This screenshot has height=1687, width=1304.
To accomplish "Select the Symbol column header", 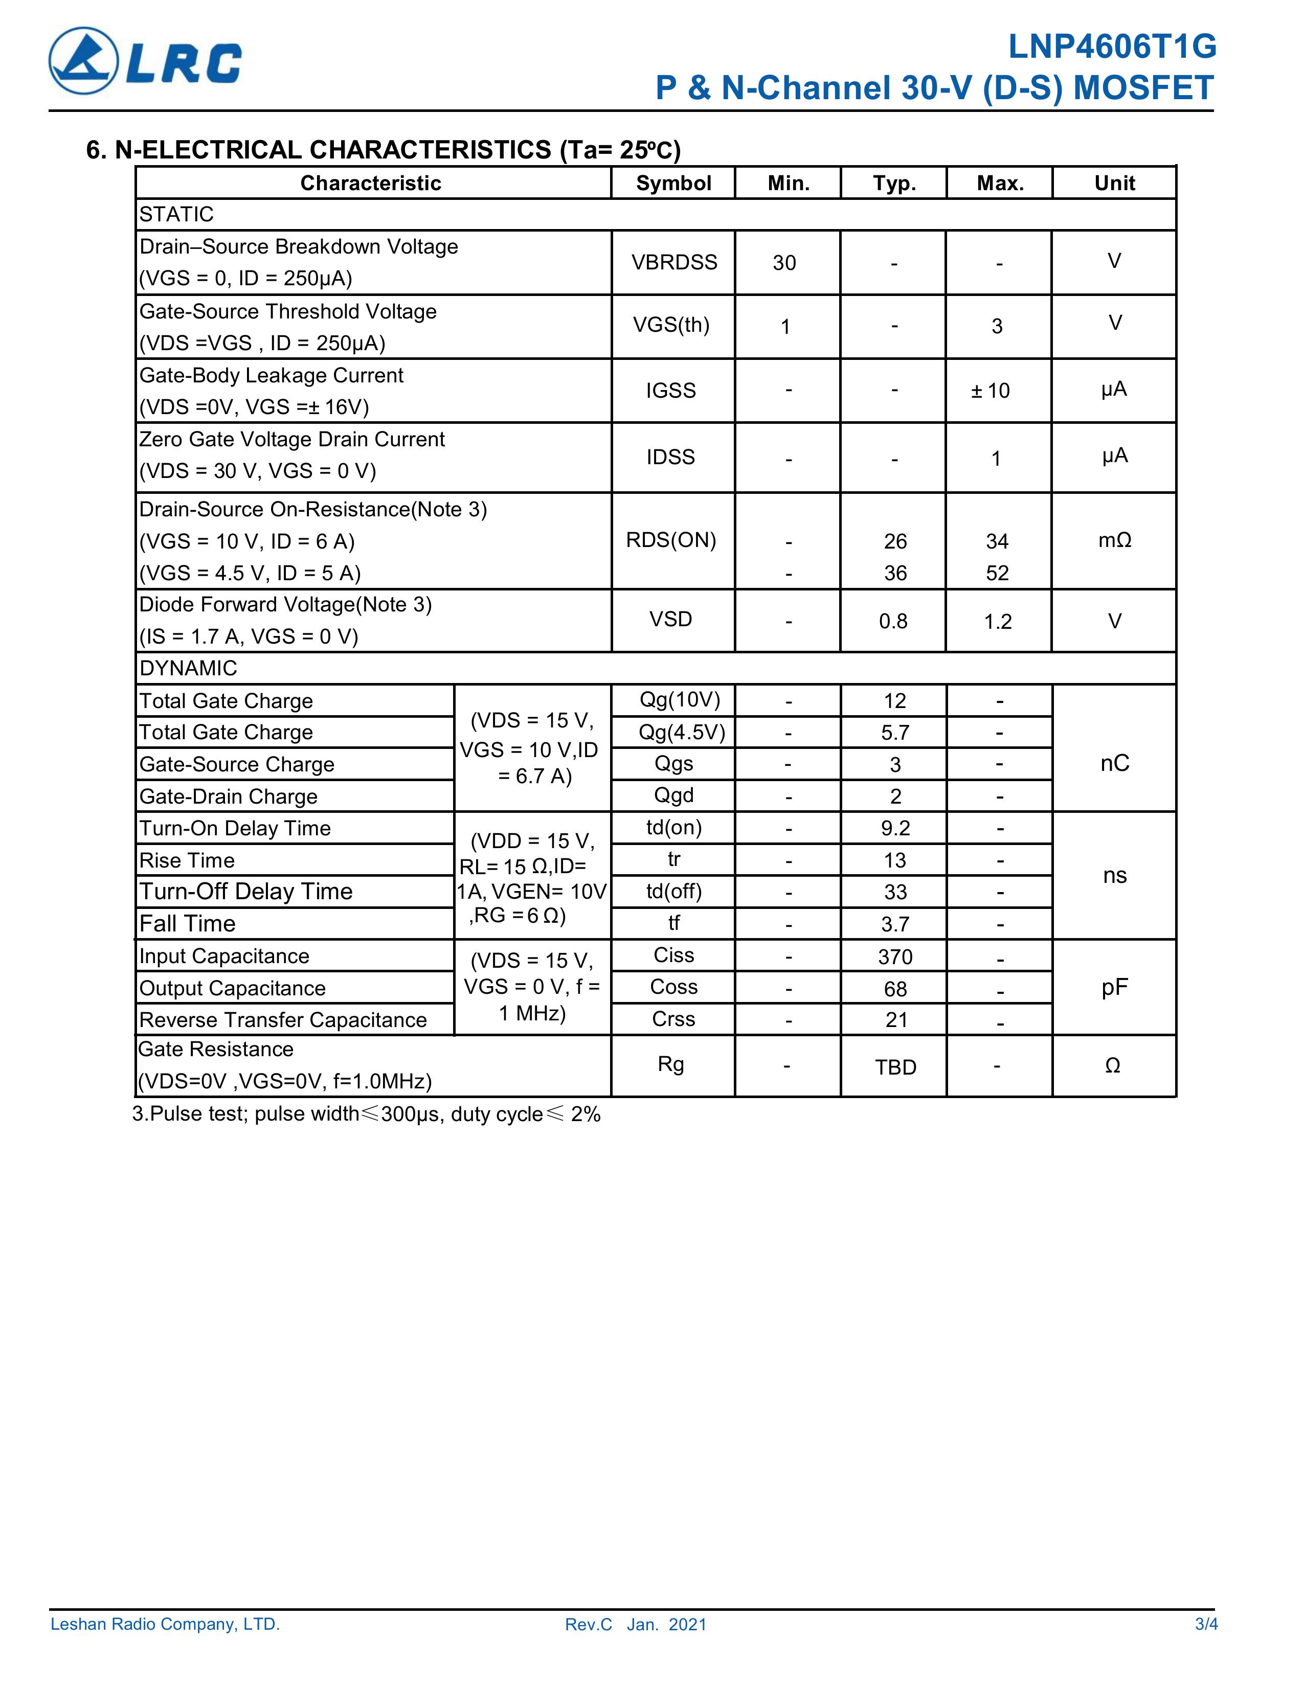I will pos(673,183).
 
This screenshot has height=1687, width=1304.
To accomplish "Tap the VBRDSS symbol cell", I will pos(673,263).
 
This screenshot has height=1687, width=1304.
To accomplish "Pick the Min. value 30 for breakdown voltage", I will pos(784,263).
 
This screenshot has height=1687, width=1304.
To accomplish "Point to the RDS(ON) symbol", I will pos(670,540).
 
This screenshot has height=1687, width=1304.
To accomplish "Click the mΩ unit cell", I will pos(1114,540).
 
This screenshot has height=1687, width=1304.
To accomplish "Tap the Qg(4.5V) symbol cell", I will pos(681,732).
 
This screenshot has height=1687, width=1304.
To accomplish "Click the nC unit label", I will pos(1114,763).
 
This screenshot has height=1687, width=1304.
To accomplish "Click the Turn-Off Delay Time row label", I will pos(245,892).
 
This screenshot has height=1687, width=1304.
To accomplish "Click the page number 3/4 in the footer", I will pos(1206,1625).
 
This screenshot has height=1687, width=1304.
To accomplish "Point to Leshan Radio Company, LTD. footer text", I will pos(165,1625).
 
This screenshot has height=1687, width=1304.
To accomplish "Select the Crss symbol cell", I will pos(673,1019).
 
